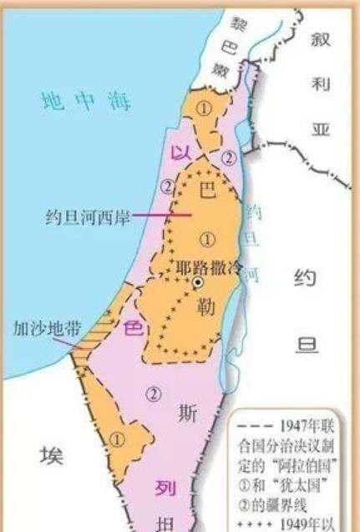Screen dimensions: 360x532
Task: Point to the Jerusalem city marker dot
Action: pos(197,283)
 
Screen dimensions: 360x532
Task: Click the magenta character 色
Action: pos(133,328)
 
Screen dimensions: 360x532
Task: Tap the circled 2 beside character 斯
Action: pos(153,395)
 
